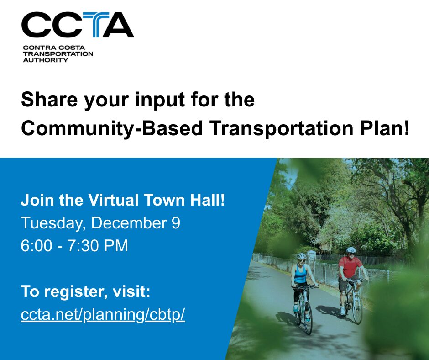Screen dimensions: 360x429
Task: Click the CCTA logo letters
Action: [x=77, y=25]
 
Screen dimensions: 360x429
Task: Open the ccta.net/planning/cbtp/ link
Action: [x=103, y=315]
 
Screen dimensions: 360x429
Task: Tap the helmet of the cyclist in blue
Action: [x=302, y=256]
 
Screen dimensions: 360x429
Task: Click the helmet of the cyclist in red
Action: [x=351, y=250]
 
